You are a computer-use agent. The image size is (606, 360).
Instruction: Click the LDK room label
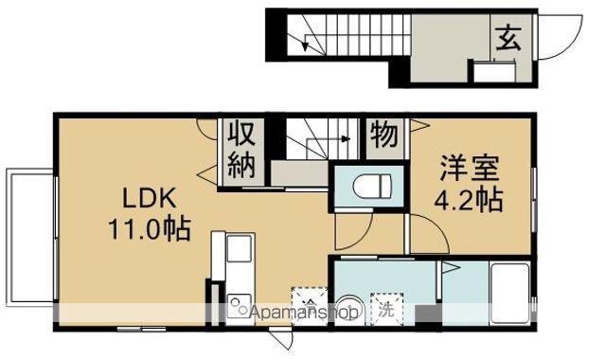(143, 200)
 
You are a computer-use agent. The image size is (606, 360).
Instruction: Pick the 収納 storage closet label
(241, 150)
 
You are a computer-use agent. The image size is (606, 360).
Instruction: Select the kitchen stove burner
(238, 306)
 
